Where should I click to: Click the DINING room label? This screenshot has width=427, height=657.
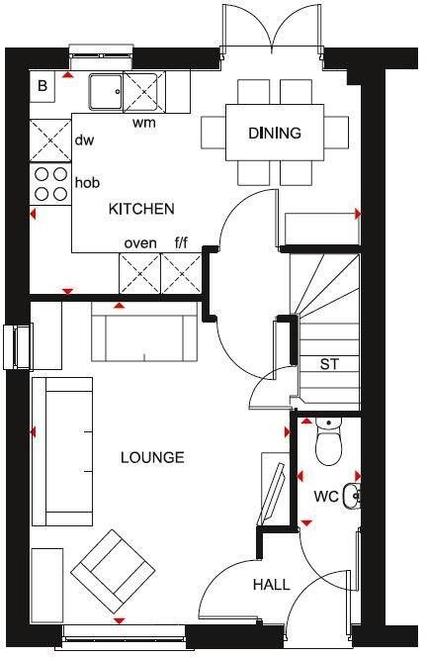(275, 134)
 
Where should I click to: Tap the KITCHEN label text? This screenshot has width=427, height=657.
(141, 209)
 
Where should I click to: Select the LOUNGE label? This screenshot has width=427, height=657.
(152, 457)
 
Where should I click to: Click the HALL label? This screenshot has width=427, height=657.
(271, 585)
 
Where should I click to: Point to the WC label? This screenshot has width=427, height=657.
(326, 495)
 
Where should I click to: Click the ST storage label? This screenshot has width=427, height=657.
(328, 364)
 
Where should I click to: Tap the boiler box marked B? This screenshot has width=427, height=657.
(43, 87)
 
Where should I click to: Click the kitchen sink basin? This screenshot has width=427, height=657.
(104, 92)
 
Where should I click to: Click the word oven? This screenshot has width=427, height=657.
(139, 242)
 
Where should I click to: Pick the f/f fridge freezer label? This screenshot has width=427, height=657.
(182, 242)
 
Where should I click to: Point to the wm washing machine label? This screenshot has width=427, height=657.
(143, 124)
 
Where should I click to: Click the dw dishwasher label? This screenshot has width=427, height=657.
(85, 141)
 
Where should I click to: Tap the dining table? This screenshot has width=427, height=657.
(275, 132)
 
